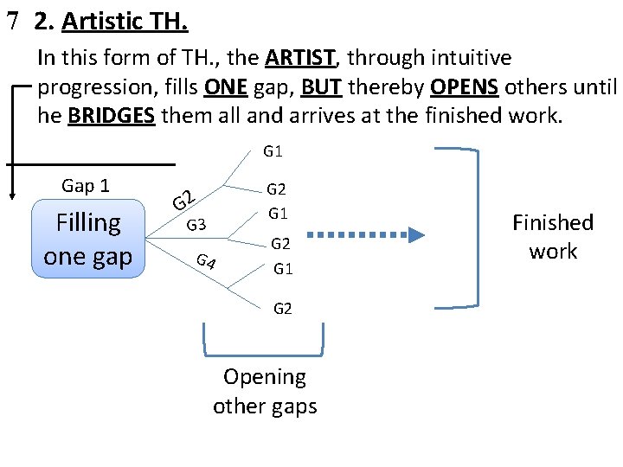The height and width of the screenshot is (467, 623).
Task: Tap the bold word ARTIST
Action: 299,59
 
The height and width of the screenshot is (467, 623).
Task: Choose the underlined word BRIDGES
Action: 112,117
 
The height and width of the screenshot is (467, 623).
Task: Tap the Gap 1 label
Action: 85,185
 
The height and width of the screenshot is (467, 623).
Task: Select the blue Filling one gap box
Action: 88,240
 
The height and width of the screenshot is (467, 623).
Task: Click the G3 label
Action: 196,226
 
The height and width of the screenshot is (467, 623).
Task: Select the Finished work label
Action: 552,236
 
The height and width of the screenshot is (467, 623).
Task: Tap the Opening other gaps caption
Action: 265,391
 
